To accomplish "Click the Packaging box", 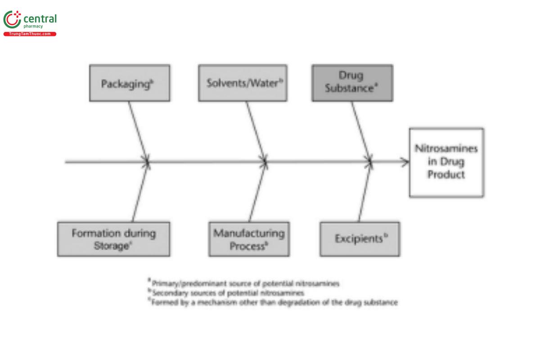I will click(130, 83).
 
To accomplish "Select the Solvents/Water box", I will click(243, 83).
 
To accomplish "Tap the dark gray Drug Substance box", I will click(352, 83).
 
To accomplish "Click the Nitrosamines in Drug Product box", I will click(446, 162).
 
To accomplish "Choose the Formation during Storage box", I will click(113, 239).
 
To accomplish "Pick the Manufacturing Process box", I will click(249, 239).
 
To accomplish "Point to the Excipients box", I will click(360, 239).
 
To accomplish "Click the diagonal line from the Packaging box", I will click(138, 130).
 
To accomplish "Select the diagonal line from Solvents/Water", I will click(255, 130).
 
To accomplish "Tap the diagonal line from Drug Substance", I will click(361, 130).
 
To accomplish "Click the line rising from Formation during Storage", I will click(140, 193).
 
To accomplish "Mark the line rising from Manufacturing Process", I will click(258, 193).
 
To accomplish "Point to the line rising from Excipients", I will click(365, 193).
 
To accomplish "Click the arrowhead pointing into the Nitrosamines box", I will click(405, 162).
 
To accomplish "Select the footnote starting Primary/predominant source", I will click(245, 283).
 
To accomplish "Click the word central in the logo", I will click(40, 19).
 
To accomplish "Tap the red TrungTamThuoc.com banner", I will click(30, 34).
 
